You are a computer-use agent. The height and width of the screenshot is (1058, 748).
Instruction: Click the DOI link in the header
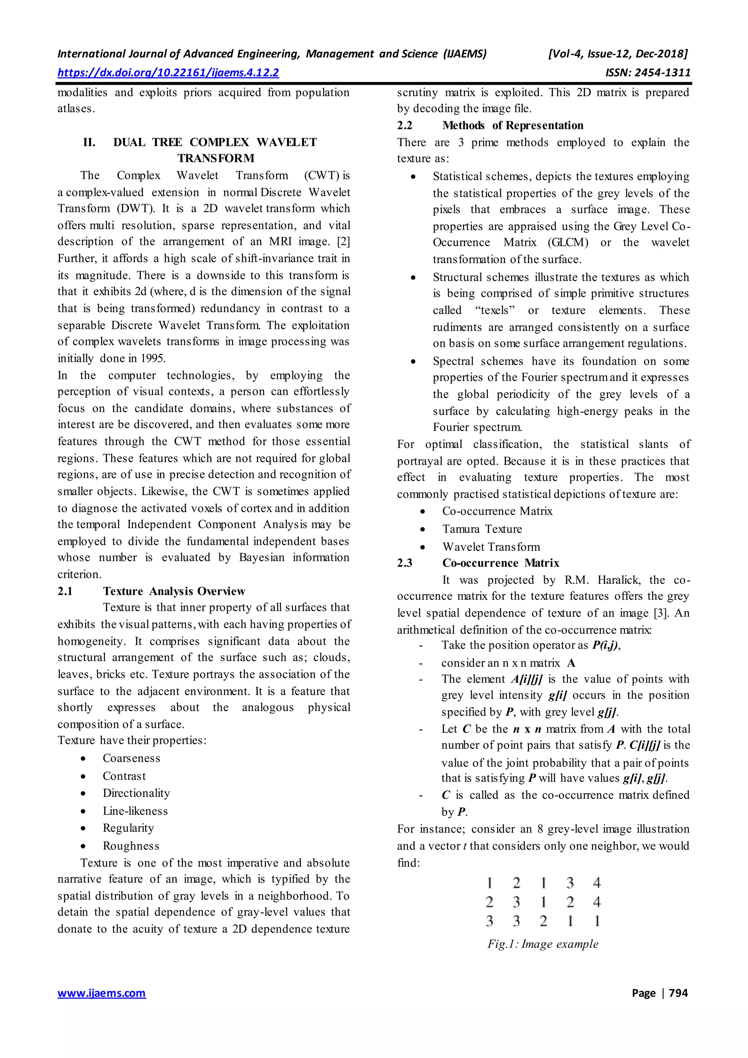tap(168, 73)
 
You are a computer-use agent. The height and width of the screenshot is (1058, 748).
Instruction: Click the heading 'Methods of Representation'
tap(513, 125)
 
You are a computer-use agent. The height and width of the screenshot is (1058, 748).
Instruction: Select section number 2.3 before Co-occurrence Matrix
tap(404, 563)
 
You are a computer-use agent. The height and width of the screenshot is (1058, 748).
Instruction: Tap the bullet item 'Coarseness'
tap(131, 758)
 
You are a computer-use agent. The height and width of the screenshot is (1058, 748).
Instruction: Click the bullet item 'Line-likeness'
tap(135, 811)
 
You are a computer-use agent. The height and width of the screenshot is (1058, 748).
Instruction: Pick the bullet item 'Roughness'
tap(131, 846)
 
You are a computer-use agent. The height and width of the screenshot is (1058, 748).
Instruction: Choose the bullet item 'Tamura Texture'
tap(482, 529)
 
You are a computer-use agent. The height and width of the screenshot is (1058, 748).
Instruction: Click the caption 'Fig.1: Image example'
tap(543, 944)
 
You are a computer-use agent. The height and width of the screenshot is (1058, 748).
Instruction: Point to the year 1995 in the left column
tap(153, 358)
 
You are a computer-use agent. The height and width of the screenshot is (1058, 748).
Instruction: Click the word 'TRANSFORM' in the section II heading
tap(215, 159)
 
